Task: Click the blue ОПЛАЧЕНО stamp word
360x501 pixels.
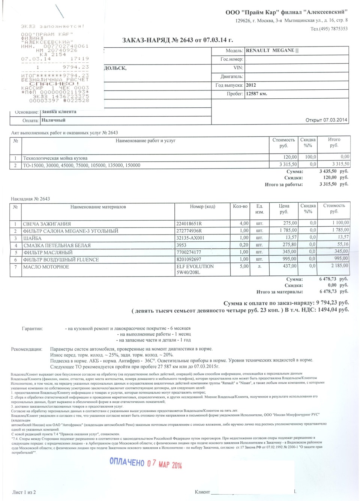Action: pyautogui.click(x=127, y=462)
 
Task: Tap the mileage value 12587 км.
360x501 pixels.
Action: pyautogui.click(x=256, y=94)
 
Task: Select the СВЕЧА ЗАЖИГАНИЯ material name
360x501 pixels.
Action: pyautogui.click(x=47, y=224)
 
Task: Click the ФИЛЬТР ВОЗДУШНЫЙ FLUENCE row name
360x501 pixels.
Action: pyautogui.click(x=61, y=259)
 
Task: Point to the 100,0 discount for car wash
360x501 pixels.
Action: pyautogui.click(x=310, y=157)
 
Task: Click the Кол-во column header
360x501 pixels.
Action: pyautogui.click(x=240, y=206)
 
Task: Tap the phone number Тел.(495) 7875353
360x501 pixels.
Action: pyautogui.click(x=329, y=29)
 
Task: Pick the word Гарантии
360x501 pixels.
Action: pyautogui.click(x=32, y=328)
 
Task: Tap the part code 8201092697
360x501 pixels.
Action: pyautogui.click(x=189, y=259)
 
